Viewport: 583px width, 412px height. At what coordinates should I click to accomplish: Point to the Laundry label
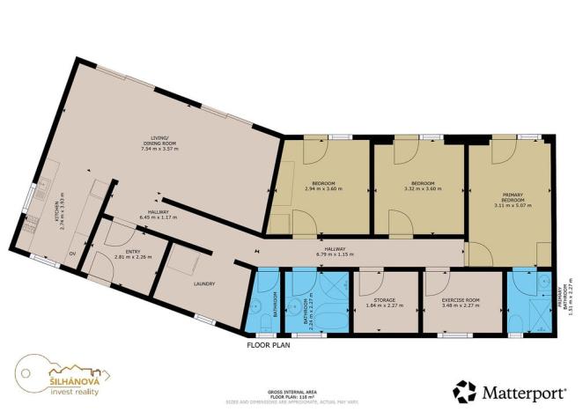pos(203,284)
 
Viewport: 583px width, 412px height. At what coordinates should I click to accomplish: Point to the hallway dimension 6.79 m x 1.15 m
pos(335,254)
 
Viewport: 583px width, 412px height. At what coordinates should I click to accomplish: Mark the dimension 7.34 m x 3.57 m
pos(159,150)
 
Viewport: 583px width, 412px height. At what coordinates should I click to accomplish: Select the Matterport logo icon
pos(466,391)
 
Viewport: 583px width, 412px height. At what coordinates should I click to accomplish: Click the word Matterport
pos(520,391)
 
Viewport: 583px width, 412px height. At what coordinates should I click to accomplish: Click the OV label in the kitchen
pos(72,254)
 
